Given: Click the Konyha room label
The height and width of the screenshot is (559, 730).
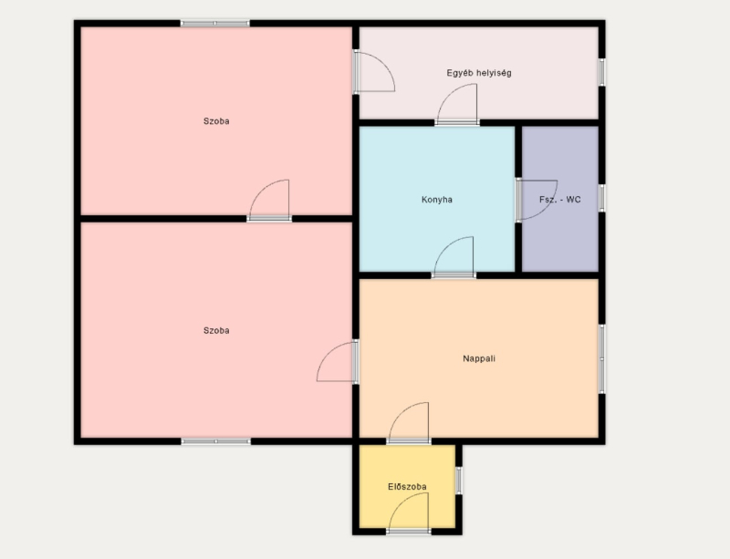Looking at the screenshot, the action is [437, 200].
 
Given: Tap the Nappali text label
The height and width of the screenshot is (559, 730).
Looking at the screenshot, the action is [479, 359].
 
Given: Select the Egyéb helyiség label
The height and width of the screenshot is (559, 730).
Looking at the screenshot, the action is [479, 73].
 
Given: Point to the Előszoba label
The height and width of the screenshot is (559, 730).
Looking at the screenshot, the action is [407, 487].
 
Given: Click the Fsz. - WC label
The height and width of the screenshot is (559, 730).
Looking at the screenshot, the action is [560, 200].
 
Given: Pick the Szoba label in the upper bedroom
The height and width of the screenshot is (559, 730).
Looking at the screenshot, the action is [216, 121].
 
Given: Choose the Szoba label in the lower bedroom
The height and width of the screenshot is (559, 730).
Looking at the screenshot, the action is [216, 331].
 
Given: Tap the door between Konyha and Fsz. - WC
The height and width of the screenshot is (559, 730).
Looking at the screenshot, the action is [537, 200].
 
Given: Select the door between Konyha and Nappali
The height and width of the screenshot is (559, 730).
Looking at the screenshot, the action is [454, 257].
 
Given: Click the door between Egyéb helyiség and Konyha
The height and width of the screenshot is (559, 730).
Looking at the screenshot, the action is [457, 105].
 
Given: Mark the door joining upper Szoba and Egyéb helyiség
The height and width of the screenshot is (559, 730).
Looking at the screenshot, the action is [374, 72].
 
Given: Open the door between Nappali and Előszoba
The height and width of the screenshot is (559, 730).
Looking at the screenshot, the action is [409, 423].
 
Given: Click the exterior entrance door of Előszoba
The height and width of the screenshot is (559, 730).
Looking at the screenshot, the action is [409, 513].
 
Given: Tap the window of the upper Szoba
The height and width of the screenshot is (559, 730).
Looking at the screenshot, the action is [215, 24].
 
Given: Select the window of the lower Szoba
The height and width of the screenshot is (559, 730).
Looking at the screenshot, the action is [216, 441].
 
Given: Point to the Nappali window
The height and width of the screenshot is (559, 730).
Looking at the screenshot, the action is [602, 359].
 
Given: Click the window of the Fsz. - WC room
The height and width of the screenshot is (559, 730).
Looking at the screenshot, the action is [602, 198].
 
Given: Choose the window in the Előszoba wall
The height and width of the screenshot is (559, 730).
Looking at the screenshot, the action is [459, 481].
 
